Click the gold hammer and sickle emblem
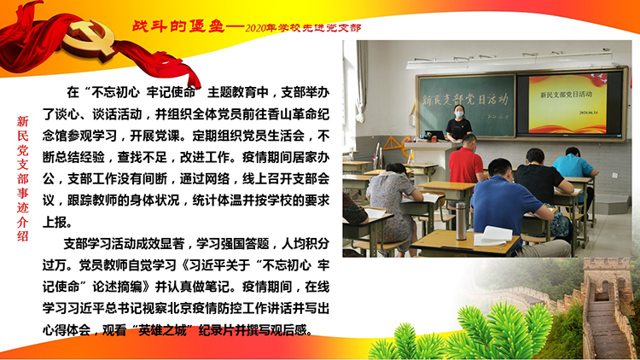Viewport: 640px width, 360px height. pyautogui.click(x=89, y=38)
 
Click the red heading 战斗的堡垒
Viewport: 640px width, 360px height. pyautogui.click(x=178, y=26)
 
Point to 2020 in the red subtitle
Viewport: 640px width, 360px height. pyautogui.click(x=255, y=28)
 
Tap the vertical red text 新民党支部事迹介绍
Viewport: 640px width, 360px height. pyautogui.click(x=23, y=178)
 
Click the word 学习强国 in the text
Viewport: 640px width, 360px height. pyautogui.click(x=221, y=244)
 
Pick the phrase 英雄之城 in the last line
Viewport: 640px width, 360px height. pyautogui.click(x=163, y=330)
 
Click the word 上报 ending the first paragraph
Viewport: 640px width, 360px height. pyautogui.click(x=55, y=222)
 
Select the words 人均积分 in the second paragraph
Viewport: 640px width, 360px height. pyautogui.click(x=305, y=244)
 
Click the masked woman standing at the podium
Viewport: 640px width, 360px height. pyautogui.click(x=459, y=123)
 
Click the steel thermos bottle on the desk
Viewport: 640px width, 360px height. pyautogui.click(x=461, y=221)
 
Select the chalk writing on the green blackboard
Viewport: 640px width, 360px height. pyautogui.click(x=464, y=101)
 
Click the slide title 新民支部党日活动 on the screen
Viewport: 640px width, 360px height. pyautogui.click(x=566, y=95)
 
